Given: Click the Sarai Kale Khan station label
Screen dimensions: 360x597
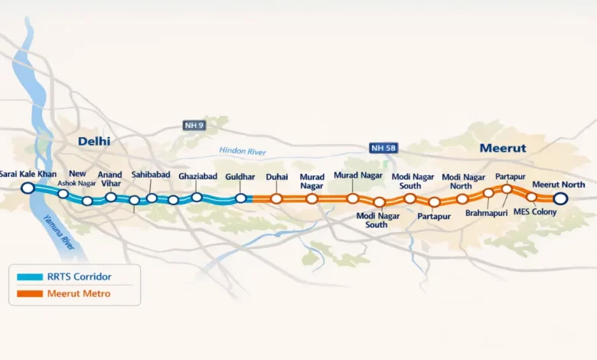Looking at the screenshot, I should click(x=28, y=175).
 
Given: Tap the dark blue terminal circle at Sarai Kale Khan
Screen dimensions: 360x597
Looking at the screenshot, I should click(x=28, y=188).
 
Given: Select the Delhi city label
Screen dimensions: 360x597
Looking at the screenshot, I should click(x=94, y=141).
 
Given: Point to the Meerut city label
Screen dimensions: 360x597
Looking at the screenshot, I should click(x=502, y=147).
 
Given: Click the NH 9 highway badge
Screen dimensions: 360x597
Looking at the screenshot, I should click(x=194, y=125).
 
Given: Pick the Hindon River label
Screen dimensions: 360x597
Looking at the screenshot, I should click(x=242, y=152).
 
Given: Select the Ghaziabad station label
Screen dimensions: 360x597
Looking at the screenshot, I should click(x=198, y=177).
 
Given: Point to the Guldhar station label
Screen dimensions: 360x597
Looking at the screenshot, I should click(x=240, y=177).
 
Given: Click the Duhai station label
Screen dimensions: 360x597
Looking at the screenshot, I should click(x=276, y=177).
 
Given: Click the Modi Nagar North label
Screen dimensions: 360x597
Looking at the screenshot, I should click(x=462, y=181).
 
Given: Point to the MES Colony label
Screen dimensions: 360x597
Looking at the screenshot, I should click(x=536, y=211).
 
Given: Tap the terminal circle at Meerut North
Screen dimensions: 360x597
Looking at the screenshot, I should click(x=560, y=198).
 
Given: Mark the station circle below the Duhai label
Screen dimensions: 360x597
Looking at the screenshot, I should click(x=276, y=198).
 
